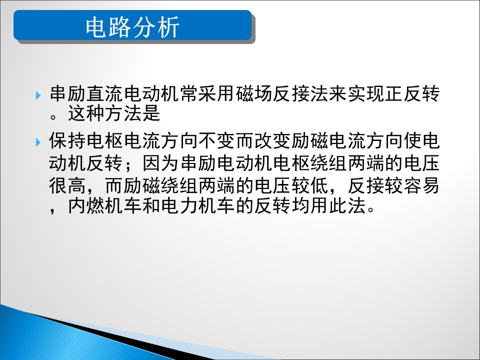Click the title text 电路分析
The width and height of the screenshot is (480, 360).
132,27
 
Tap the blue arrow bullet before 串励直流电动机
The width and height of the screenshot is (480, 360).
38,95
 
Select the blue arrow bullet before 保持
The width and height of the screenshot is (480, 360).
38,142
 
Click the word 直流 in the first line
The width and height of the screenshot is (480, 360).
105,93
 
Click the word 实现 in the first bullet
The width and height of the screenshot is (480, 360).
366,93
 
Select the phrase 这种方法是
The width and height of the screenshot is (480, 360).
114,113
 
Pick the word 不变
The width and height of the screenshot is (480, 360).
217,140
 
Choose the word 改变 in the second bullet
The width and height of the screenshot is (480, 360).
273,140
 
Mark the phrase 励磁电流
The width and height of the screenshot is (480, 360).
329,140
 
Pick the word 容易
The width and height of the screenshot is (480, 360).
421,185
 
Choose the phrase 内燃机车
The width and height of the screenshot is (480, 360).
105,205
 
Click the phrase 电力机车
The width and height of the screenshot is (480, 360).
198,205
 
